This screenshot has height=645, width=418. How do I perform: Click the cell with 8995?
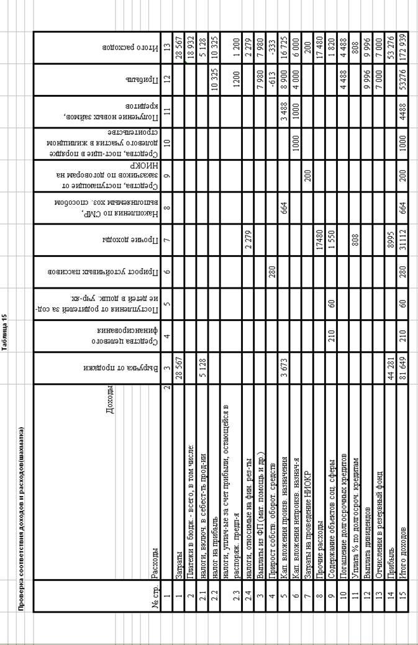point(391,239)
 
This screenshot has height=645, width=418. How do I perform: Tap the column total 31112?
point(402,239)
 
